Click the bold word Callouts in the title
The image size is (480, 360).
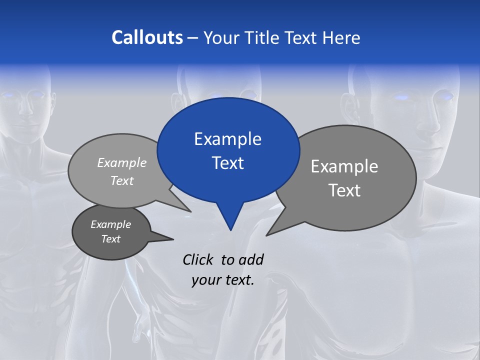[x=147, y=37]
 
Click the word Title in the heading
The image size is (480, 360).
[x=264, y=37]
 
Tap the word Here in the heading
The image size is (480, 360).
[x=341, y=37]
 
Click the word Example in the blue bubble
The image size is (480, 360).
[x=227, y=139]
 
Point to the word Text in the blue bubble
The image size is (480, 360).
[x=227, y=163]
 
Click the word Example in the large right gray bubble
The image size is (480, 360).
[x=344, y=166]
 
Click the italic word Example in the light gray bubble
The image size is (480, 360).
[x=122, y=162]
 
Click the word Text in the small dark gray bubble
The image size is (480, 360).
[x=110, y=239]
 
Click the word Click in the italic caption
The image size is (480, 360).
[x=197, y=259]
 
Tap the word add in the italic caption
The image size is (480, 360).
[x=251, y=259]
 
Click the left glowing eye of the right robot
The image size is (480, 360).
[x=401, y=97]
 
